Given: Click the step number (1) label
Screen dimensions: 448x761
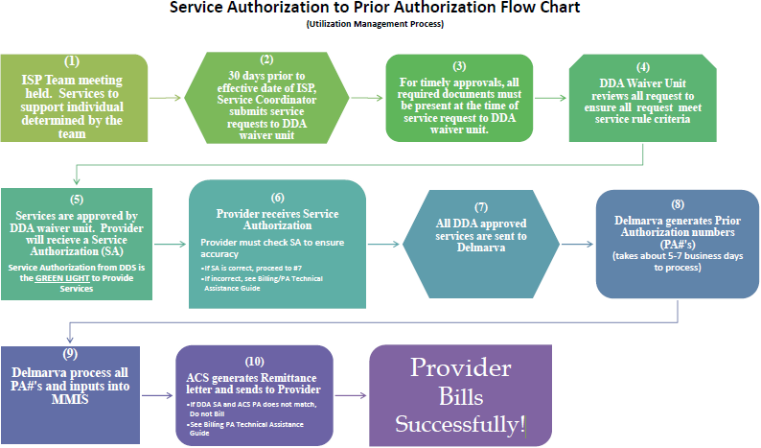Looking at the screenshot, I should pos(74,63).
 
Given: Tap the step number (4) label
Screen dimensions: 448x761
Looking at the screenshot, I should pos(644,67).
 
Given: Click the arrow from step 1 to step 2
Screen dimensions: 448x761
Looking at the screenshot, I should pos(167,97).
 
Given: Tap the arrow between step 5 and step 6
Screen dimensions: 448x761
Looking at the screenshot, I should pos(170,244).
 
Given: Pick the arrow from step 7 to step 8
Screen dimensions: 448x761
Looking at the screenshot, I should pos(576,244).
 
